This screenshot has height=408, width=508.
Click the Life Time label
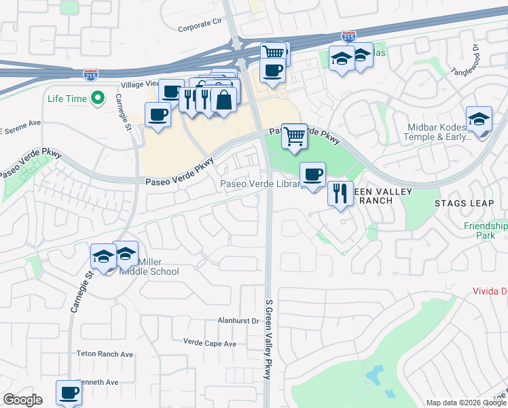(x=67, y=99)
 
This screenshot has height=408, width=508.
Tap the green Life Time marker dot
(x=97, y=99)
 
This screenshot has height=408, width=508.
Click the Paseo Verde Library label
(x=262, y=184)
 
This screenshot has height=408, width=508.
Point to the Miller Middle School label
(x=149, y=267)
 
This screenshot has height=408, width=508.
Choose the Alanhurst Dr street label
(x=238, y=320)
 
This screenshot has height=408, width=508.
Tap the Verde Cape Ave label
(x=210, y=343)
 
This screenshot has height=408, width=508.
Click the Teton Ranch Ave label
(x=105, y=354)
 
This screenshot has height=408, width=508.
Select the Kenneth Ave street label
(x=98, y=382)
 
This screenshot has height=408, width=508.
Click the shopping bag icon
(x=223, y=100)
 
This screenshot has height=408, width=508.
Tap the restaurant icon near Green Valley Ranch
(x=340, y=193)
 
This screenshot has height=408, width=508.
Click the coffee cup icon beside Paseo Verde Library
(x=312, y=175)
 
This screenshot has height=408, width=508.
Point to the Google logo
(x=23, y=400)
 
